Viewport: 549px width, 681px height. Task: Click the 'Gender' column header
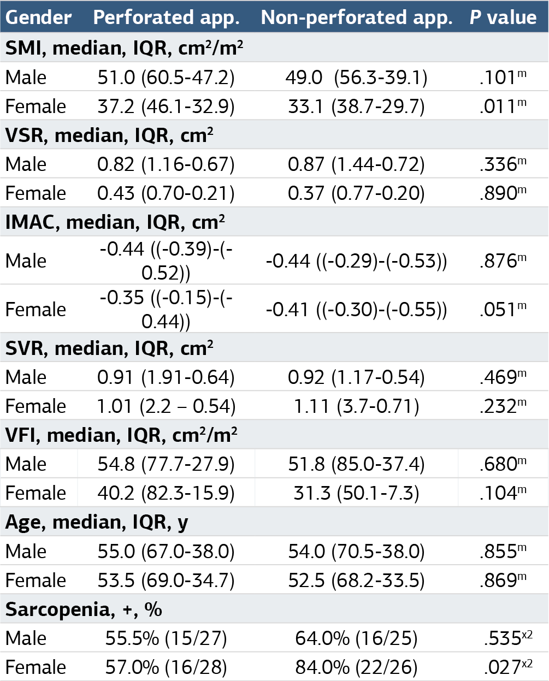click(x=38, y=17)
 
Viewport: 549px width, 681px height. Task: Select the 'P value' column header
click(x=503, y=17)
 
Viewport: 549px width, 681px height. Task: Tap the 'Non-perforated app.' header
click(x=357, y=17)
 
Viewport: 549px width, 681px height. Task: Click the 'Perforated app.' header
click(x=166, y=17)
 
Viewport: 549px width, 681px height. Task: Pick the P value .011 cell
click(x=503, y=106)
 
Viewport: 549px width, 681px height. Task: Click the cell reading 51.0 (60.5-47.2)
click(x=166, y=78)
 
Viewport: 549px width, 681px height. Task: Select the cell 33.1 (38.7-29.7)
click(x=356, y=106)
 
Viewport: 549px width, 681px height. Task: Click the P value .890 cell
click(x=503, y=193)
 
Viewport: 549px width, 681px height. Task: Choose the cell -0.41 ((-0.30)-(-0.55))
click(x=356, y=310)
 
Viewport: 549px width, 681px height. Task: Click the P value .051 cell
click(x=503, y=309)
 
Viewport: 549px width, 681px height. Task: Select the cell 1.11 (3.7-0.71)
click(x=356, y=406)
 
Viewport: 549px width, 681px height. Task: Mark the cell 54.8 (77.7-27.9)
click(x=166, y=464)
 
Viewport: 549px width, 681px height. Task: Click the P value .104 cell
click(x=503, y=493)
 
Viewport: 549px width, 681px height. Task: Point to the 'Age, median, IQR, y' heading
click(x=97, y=522)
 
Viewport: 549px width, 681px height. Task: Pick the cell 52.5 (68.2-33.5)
click(x=356, y=581)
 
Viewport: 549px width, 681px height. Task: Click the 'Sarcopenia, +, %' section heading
click(x=84, y=609)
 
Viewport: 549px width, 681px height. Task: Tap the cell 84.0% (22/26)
click(x=356, y=667)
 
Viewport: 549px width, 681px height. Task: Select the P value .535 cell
click(x=508, y=638)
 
